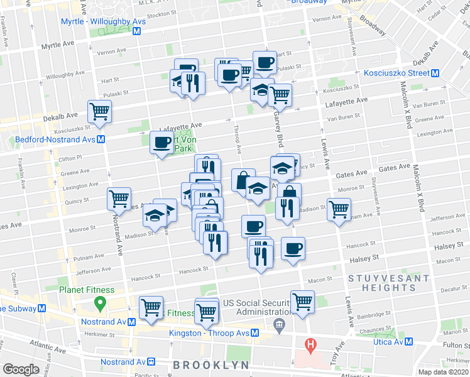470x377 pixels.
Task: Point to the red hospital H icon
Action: click(x=309, y=344)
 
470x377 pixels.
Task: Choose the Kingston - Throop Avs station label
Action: click(x=209, y=333)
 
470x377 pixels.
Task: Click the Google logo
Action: click(x=20, y=369)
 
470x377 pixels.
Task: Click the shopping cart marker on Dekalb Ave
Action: click(x=100, y=112)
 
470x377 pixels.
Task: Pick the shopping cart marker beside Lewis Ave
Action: click(x=339, y=208)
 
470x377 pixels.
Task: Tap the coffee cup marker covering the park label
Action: click(x=162, y=142)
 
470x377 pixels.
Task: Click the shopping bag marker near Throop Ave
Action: click(x=243, y=180)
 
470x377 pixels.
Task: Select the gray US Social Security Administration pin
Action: click(x=279, y=324)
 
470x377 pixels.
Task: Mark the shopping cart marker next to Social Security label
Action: click(x=302, y=301)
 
